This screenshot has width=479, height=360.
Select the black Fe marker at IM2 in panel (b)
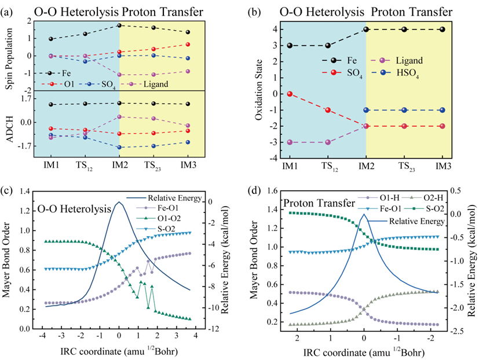click(x=366, y=30)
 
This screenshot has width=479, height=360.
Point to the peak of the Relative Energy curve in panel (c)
click(x=119, y=202)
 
